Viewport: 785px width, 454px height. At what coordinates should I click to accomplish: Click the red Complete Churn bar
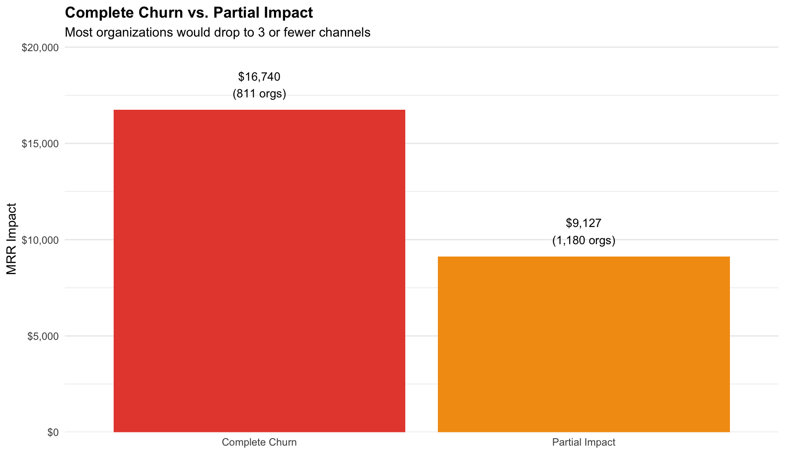coord(259,271)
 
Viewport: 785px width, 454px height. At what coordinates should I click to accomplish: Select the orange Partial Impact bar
coord(584,344)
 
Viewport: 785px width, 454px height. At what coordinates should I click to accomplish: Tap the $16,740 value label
coord(259,77)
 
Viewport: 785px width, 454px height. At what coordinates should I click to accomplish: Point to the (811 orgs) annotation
coord(259,93)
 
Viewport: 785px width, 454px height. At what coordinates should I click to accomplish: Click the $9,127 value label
coord(584,223)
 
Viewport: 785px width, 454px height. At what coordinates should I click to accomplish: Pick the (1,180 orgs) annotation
coord(584,240)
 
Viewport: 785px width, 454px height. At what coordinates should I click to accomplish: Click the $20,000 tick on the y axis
coord(40,48)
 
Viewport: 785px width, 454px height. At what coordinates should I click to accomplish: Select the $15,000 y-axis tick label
coord(40,144)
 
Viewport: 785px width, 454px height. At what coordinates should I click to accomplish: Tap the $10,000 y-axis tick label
coord(40,240)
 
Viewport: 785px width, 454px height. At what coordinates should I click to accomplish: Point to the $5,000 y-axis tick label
coord(43,336)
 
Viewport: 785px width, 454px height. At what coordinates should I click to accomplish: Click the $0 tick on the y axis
coord(53,432)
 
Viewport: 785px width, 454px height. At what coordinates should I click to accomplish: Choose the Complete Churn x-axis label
coord(259,442)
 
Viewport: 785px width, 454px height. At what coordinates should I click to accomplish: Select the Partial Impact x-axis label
coord(584,442)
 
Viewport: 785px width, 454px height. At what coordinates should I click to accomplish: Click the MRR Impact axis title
coord(12,238)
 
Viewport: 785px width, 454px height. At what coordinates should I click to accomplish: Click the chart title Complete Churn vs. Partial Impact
coord(189,13)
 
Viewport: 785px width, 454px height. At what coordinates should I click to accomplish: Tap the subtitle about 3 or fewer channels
coord(217,33)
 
